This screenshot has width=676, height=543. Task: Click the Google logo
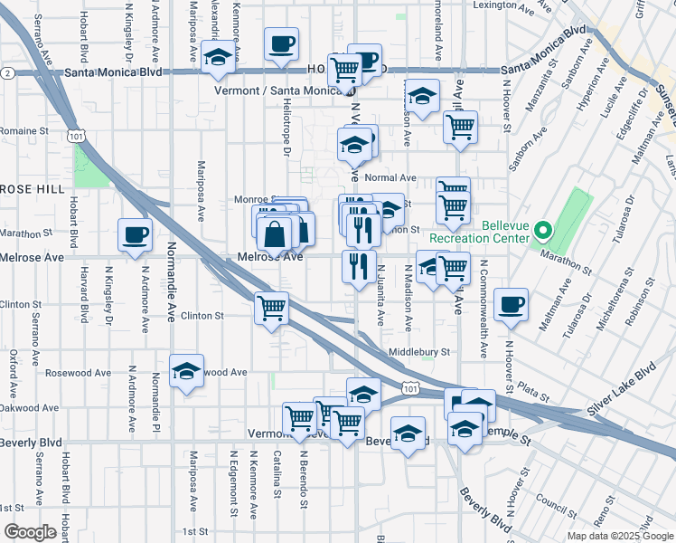click(x=30, y=532)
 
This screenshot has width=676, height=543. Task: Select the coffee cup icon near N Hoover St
click(x=512, y=304)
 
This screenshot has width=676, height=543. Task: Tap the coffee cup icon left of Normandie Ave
click(x=136, y=234)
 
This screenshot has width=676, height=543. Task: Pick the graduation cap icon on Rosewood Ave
click(x=187, y=370)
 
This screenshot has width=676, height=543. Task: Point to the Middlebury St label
click(x=418, y=351)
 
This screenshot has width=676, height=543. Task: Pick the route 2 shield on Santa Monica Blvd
click(x=7, y=72)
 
